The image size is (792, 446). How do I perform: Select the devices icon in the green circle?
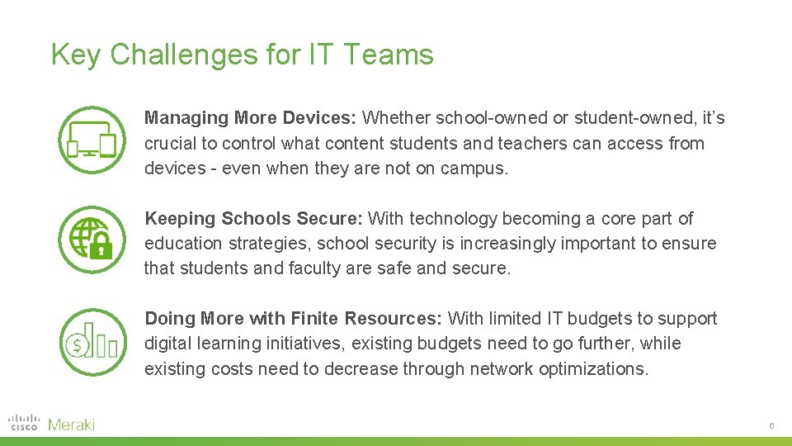click(92, 140)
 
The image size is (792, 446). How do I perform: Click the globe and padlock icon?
click(92, 240)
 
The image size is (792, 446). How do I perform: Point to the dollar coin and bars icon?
click(92, 341)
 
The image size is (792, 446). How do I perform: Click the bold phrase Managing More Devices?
click(251, 118)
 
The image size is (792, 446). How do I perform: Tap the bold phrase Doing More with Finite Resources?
click(295, 319)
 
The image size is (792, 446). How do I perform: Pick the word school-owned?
click(477, 118)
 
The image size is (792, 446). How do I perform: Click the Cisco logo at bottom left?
click(23, 424)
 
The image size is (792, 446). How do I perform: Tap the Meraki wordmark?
click(72, 425)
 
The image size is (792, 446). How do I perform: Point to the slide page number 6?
click(771, 425)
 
